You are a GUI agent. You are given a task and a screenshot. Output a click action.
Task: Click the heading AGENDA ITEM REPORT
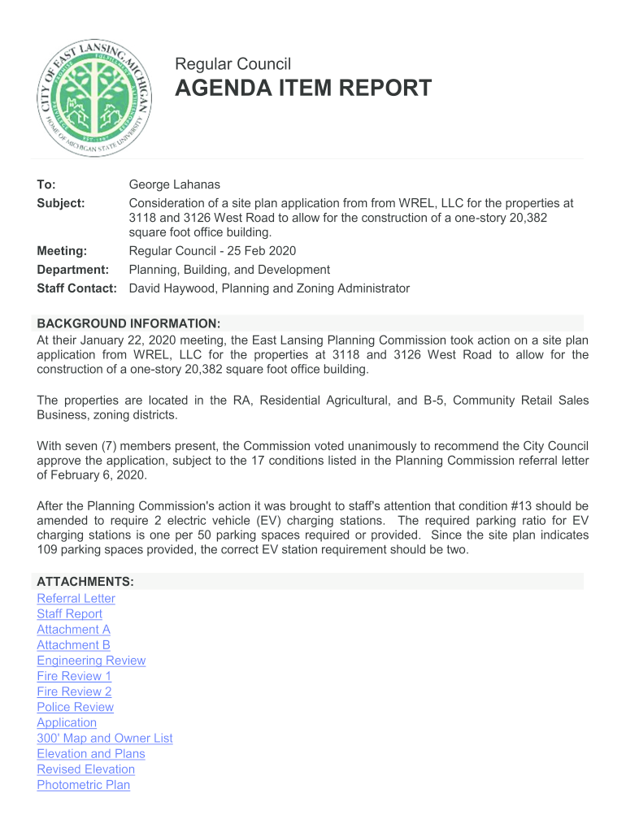tap(303, 89)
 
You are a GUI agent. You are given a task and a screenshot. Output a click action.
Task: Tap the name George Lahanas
tap(175, 185)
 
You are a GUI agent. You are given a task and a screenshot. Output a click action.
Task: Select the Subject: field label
tap(61, 203)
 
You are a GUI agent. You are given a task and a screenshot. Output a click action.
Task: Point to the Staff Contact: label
tap(77, 288)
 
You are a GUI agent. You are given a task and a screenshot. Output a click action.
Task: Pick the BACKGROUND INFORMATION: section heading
tap(128, 323)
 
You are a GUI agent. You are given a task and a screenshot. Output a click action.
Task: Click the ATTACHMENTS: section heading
tap(85, 583)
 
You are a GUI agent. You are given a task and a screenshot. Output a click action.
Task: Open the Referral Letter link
tap(76, 599)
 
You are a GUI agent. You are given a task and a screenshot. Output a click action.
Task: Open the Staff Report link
tap(69, 614)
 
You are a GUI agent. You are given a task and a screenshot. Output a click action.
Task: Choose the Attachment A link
tap(73, 630)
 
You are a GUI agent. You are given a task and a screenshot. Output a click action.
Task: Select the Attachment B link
tap(73, 645)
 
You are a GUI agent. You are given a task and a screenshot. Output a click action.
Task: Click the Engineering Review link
tap(91, 661)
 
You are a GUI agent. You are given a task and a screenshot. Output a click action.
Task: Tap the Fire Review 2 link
tap(74, 691)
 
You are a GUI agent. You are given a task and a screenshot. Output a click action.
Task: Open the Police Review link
tap(75, 707)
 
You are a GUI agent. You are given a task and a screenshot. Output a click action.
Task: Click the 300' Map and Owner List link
tap(104, 738)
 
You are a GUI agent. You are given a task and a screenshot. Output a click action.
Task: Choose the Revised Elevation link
tap(85, 769)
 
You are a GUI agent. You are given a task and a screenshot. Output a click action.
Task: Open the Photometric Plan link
tap(83, 785)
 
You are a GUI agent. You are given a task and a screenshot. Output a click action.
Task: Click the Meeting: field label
tap(62, 250)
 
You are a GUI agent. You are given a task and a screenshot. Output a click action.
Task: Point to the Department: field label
tap(72, 270)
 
